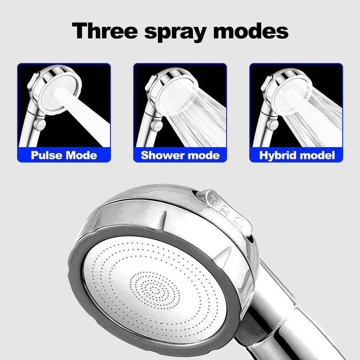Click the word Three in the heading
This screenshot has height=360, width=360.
click(105, 31)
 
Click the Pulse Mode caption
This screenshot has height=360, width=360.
click(64, 155)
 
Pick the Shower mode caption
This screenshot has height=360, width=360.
click(180, 155)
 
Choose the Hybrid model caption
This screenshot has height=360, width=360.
click(297, 155)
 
